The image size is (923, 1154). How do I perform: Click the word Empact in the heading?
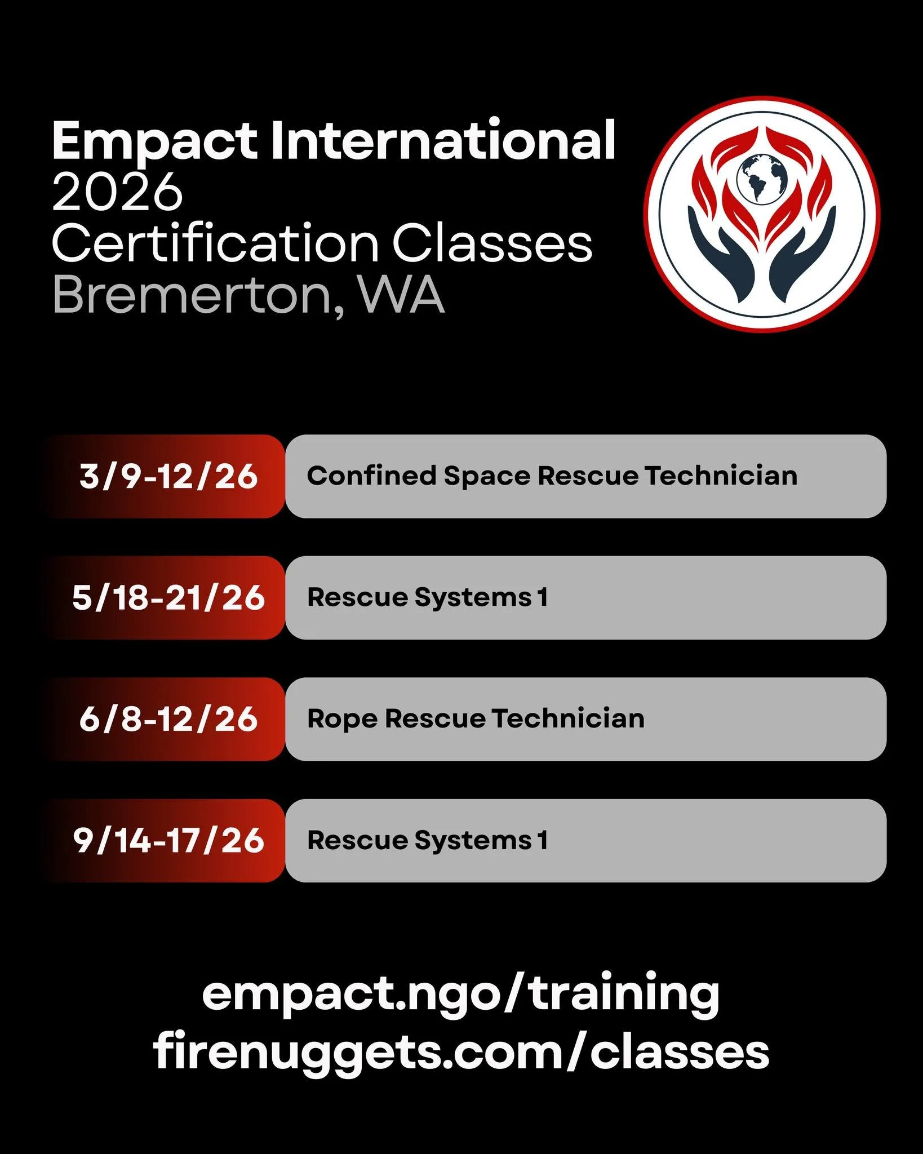(155, 142)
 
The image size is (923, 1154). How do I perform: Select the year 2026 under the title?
(117, 192)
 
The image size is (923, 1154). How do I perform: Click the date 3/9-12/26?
(168, 477)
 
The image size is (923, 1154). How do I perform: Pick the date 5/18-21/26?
(168, 598)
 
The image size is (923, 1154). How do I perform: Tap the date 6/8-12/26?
(168, 720)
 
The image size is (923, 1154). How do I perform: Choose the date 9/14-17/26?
(168, 841)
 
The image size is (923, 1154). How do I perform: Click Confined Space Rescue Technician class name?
(552, 476)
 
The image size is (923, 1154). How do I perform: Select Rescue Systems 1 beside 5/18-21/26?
(427, 597)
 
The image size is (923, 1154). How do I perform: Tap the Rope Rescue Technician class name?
(476, 719)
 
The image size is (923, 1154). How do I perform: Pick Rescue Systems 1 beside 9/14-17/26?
(427, 841)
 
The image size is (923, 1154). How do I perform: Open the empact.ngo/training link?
(460, 995)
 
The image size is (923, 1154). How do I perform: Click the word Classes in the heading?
(491, 243)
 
